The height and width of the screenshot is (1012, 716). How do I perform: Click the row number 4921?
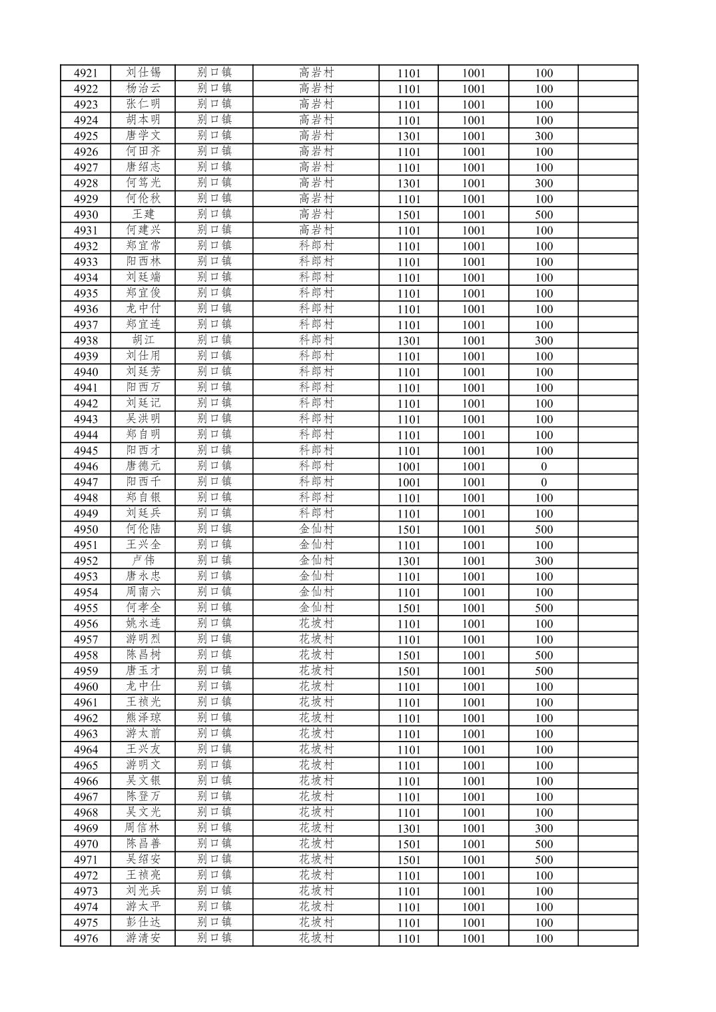tap(85, 73)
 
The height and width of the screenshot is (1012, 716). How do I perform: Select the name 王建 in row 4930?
tap(143, 215)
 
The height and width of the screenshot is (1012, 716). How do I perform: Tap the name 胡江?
tap(143, 340)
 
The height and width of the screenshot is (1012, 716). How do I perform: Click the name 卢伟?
tap(143, 560)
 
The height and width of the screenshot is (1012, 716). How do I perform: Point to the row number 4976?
tap(85, 938)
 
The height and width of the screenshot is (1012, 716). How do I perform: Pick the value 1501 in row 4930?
tap(408, 215)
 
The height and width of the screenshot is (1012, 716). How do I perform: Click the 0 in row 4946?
tap(543, 466)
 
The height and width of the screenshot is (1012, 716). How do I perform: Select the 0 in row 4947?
tap(543, 482)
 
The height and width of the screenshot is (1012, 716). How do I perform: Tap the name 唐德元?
tap(143, 466)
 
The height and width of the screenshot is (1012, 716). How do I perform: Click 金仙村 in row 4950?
tap(316, 529)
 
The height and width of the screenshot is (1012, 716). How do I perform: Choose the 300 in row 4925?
tap(543, 136)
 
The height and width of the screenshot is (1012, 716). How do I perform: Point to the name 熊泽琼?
tap(143, 718)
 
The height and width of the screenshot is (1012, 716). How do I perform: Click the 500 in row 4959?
tap(543, 671)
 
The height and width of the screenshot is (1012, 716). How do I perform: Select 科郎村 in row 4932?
tap(316, 246)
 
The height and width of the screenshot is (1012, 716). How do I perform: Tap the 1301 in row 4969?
tap(408, 828)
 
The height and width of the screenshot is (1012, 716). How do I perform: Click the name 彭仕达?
tap(143, 923)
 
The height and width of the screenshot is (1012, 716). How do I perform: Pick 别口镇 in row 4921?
tap(214, 73)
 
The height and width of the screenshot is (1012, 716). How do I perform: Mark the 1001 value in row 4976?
tap(474, 938)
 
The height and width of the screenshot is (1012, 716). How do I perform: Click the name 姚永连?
tap(143, 624)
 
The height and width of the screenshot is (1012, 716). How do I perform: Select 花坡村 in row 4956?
tap(316, 624)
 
